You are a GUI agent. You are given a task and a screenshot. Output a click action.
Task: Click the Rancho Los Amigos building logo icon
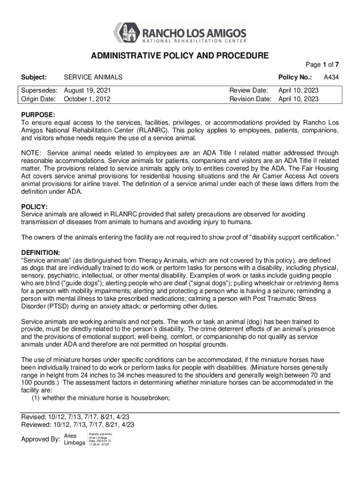click(127, 33)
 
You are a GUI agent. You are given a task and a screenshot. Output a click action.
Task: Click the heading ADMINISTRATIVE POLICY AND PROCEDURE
click(180, 56)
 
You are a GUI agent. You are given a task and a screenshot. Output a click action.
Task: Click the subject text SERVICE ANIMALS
click(93, 77)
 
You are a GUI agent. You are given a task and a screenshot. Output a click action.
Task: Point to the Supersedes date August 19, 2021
click(87, 90)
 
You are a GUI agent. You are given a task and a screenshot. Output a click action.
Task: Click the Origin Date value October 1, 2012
click(87, 99)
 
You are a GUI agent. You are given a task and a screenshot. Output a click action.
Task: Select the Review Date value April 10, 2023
click(298, 90)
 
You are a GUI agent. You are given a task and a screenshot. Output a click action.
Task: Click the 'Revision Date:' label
click(250, 99)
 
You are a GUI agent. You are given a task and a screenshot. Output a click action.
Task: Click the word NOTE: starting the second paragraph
click(31, 153)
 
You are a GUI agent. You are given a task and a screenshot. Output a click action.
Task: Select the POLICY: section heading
click(35, 206)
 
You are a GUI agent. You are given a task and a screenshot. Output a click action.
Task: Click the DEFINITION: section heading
click(41, 252)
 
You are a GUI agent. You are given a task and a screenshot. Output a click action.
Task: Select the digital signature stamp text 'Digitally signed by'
click(100, 434)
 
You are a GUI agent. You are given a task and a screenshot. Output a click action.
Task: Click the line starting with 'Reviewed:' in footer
click(78, 425)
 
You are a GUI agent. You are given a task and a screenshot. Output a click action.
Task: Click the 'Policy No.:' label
click(295, 77)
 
